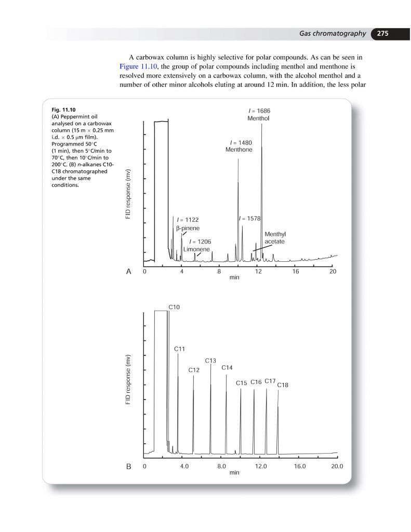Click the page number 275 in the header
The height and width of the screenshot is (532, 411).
pos(383,34)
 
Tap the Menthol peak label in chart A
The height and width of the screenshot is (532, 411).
pos(258,118)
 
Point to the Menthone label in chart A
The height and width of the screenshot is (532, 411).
pos(238,150)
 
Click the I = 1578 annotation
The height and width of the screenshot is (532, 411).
pos(250,219)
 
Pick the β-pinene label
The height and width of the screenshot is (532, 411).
pos(188,228)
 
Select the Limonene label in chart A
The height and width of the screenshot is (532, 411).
pos(200,249)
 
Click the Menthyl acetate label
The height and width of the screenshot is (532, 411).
pos(275,238)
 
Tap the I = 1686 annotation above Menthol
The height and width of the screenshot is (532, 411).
pos(258,111)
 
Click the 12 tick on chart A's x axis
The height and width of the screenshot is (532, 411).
pos(257,271)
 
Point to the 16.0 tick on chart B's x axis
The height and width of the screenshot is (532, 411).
pos(300,467)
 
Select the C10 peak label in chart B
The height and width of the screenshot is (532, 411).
pos(174,308)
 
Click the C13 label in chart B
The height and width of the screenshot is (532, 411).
pos(210,361)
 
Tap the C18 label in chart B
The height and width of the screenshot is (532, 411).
pos(283,385)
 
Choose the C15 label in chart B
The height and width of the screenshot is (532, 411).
pos(241,383)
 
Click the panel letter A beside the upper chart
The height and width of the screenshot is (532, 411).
pos(128,272)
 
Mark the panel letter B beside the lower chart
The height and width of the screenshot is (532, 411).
pos(128,467)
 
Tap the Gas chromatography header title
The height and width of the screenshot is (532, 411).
pos(333,34)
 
